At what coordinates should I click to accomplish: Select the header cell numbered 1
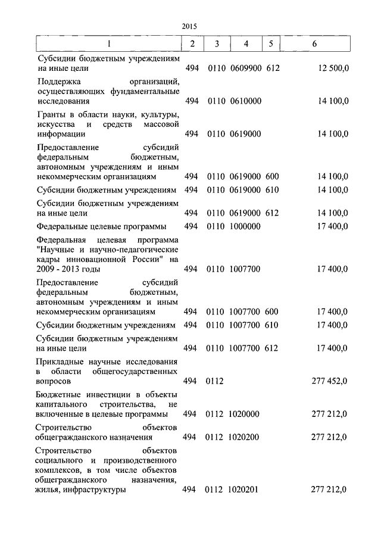(x=108, y=44)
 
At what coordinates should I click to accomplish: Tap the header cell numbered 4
(x=246, y=44)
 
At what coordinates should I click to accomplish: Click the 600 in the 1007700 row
(x=272, y=311)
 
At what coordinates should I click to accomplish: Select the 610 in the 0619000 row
(x=272, y=190)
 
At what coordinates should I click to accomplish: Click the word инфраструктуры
(x=96, y=490)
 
